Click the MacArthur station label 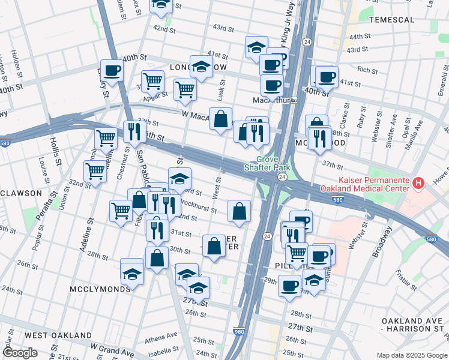pos(271,100)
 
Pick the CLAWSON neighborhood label pos(22,193)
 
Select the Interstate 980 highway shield pos(239,330)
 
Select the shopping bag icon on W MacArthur pos(220,118)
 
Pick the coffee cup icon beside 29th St pos(289,286)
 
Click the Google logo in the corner pos(20,353)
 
